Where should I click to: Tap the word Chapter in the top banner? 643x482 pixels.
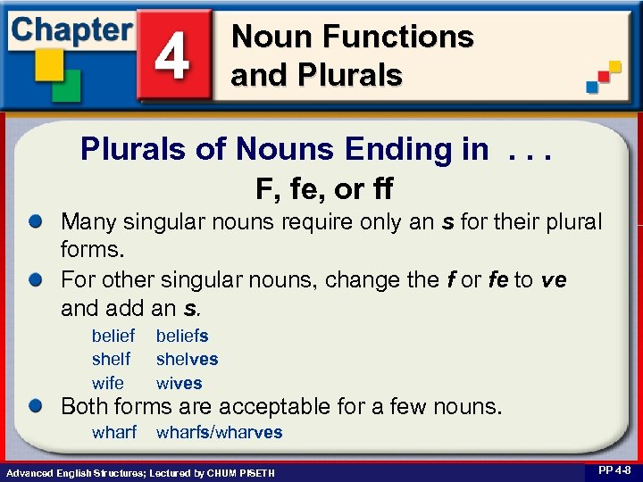coord(71,29)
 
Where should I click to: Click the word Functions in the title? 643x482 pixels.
coord(398,37)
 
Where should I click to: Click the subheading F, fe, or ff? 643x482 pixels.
coord(324,189)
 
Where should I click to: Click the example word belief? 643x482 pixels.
coord(113,336)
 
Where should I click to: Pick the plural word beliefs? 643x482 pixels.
coord(182,336)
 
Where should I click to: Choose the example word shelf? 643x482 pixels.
coord(111,359)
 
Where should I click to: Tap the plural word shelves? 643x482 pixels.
coord(187,359)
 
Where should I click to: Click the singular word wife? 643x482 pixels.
coord(108,383)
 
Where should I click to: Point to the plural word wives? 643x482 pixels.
coord(179,383)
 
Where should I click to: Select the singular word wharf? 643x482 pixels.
coord(114,432)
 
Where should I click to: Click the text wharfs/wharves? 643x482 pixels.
coord(219,432)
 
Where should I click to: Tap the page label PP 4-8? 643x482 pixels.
coord(614,470)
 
